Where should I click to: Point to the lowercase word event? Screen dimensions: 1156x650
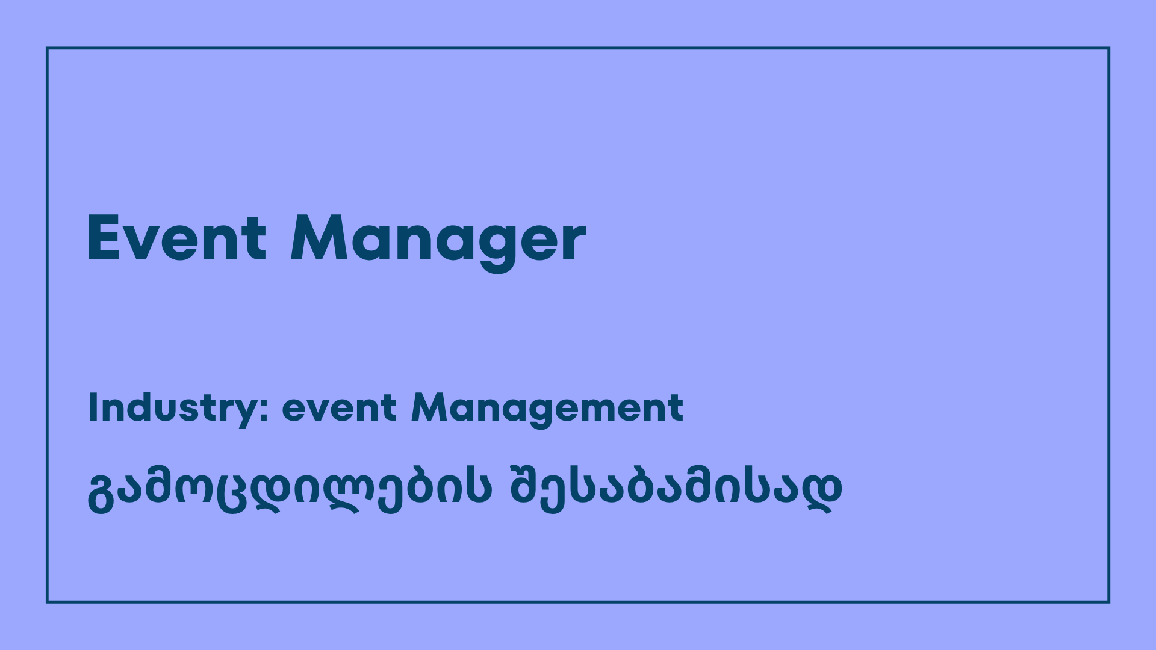(340, 409)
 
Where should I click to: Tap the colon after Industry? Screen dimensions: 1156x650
(264, 410)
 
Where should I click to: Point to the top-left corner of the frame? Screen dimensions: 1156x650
(47, 48)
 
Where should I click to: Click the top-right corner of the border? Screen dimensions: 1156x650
(1109, 48)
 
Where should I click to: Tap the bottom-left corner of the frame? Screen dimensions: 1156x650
(47, 602)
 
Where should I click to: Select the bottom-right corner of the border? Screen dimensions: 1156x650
(1109, 602)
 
